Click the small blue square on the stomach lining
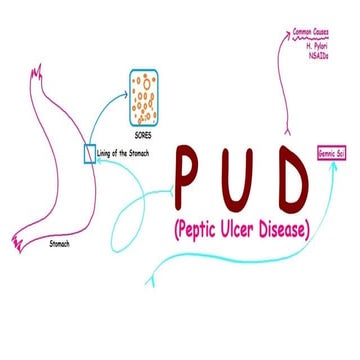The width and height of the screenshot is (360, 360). click(x=88, y=153)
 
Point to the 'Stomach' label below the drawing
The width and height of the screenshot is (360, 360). click(x=61, y=244)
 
